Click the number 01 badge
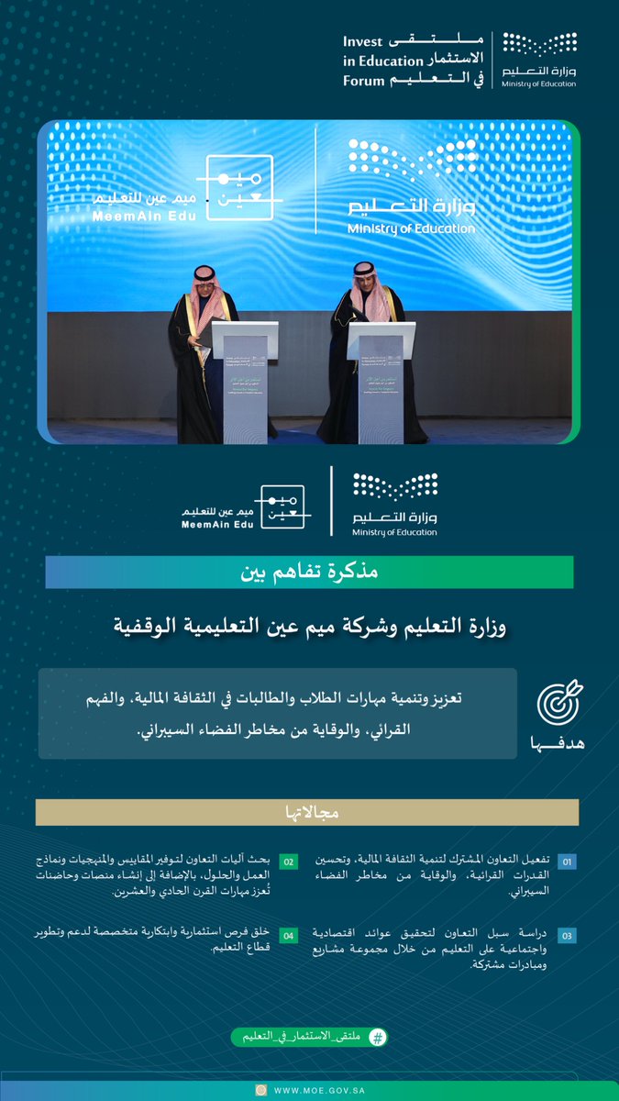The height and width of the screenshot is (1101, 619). (568, 862)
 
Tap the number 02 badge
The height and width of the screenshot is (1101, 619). (288, 862)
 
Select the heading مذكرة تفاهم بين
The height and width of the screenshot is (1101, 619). (309, 573)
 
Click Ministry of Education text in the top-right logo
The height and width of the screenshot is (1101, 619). (539, 84)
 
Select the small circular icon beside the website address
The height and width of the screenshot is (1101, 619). (261, 1090)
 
